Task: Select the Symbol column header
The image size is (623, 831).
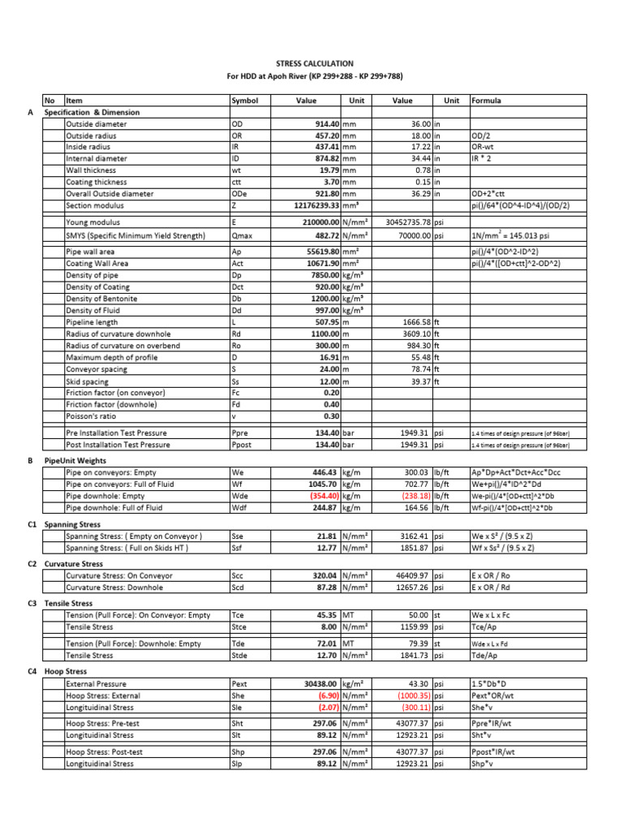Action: coord(244,101)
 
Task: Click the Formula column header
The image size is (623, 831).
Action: coord(486,101)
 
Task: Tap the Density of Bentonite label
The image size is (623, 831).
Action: coord(103,299)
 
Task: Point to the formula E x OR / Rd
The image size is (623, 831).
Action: coord(493,588)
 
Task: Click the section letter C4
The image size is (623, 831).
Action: coord(33,672)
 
